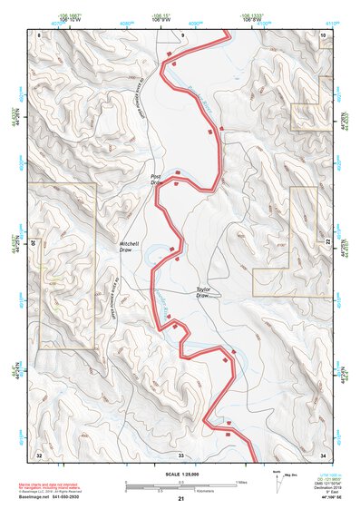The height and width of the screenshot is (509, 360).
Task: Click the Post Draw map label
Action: pyautogui.click(x=155, y=181)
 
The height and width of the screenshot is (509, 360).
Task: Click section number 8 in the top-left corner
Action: pyautogui.click(x=39, y=34)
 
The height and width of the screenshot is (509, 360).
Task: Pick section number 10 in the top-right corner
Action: pyautogui.click(x=323, y=34)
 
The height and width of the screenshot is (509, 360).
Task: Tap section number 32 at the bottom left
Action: pyautogui.click(x=39, y=453)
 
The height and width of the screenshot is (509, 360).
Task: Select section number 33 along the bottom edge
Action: pyautogui.click(x=180, y=453)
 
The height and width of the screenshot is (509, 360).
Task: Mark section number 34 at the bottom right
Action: pyautogui.click(x=323, y=453)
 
